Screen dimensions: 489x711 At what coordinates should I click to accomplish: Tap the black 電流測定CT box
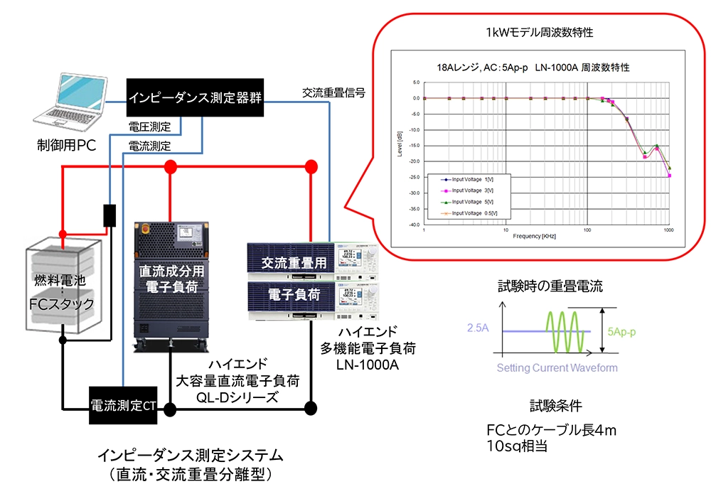tap(122, 406)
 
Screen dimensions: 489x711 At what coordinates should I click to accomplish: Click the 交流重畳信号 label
tap(333, 92)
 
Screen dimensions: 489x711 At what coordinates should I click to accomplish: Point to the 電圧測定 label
tap(149, 127)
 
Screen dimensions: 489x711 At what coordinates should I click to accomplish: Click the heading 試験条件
tap(556, 406)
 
